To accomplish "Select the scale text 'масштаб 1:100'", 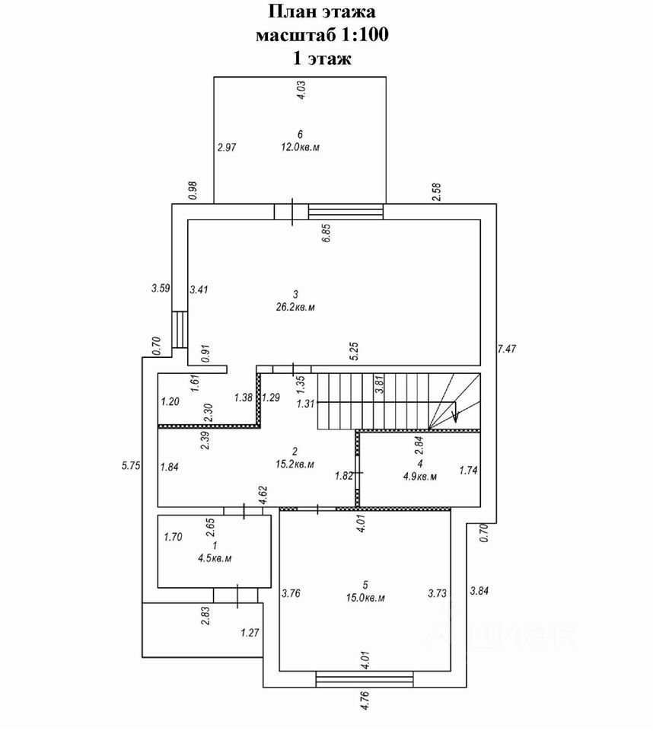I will (323, 35).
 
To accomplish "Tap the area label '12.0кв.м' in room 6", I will (300, 147).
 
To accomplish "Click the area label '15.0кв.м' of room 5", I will (365, 598).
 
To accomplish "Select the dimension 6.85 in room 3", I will (326, 232).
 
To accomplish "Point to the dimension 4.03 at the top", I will (300, 91).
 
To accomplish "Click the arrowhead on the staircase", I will (454, 416).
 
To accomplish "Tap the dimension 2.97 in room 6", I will (228, 148).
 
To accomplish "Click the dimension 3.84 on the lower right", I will (479, 590).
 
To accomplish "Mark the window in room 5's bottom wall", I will (366, 678).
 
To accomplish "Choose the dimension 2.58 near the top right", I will (436, 192).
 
